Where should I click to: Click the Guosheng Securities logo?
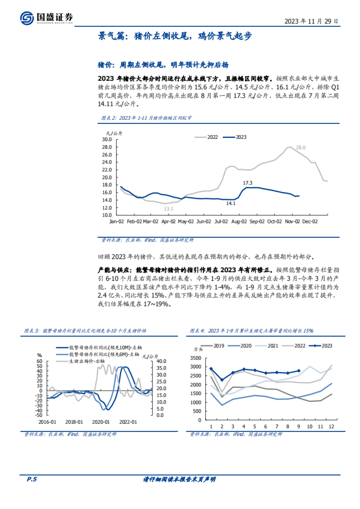[46, 18]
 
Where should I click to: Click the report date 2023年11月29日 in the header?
[311, 21]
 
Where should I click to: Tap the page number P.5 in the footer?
[32, 479]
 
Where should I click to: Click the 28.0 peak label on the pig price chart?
[300, 147]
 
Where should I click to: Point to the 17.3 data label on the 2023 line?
[247, 183]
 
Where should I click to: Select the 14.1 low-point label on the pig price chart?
[231, 204]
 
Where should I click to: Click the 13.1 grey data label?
[169, 209]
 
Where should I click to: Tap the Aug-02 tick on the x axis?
[239, 222]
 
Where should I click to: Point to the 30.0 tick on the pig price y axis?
[107, 139]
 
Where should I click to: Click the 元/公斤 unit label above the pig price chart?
[114, 133]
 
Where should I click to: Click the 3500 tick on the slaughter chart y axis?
[196, 358]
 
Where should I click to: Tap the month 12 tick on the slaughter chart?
[331, 426]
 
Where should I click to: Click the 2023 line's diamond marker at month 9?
[298, 371]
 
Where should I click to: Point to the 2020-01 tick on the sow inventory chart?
[101, 422]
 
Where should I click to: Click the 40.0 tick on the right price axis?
[161, 362]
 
